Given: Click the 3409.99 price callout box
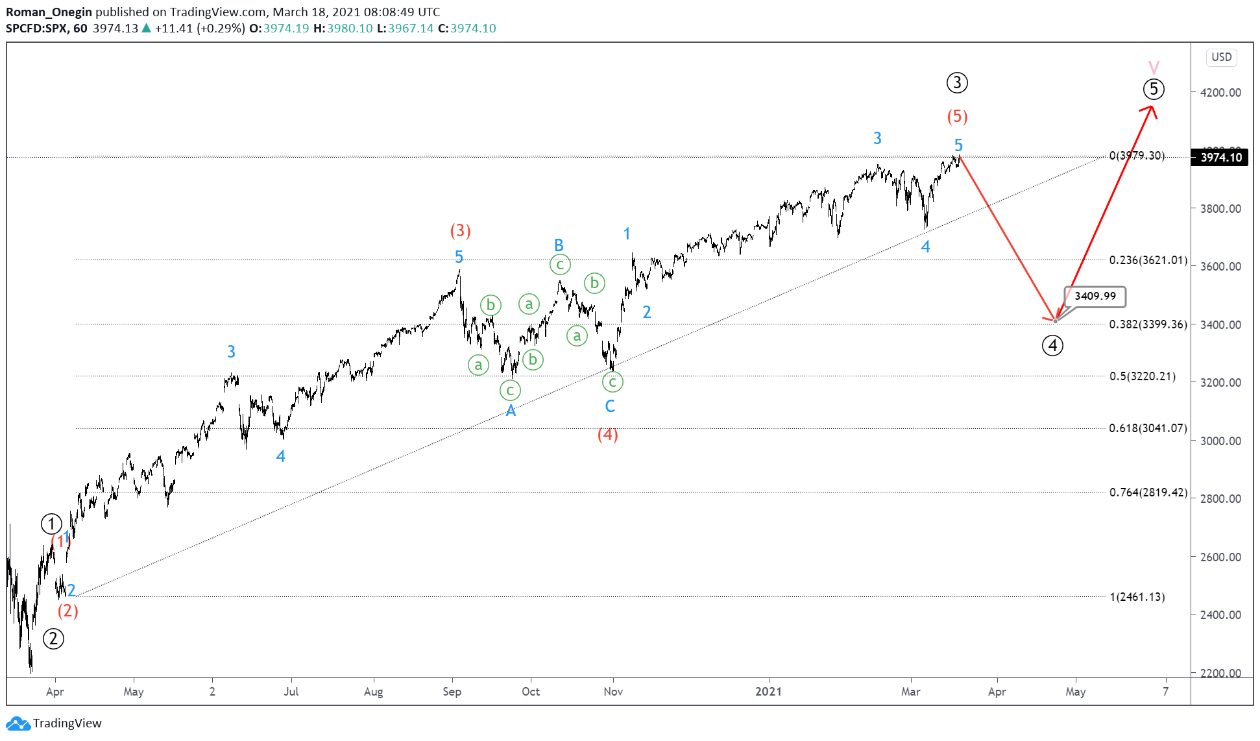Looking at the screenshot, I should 1095,297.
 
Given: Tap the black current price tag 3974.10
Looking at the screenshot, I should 1220,158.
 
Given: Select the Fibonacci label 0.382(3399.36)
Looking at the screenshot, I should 1148,324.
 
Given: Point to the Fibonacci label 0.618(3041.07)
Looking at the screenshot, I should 1148,428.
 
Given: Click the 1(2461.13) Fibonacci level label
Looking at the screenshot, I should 1137,597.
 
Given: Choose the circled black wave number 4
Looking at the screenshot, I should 1052,346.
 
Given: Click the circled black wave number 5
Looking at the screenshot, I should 1153,89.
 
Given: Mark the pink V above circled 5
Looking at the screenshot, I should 1154,67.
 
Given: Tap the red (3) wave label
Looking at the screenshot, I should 460,230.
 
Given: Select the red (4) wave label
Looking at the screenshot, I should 607,434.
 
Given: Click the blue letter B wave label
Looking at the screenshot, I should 559,245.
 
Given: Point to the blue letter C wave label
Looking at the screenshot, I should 610,406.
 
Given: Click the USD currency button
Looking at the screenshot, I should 1221,57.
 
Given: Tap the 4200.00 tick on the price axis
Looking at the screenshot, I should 1220,93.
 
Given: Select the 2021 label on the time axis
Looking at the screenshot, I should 768,692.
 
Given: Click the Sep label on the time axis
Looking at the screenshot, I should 452,692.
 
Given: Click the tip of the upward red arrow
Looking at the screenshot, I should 1152,106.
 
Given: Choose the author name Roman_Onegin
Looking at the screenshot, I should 49,12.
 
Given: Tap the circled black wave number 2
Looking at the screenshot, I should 53,638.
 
